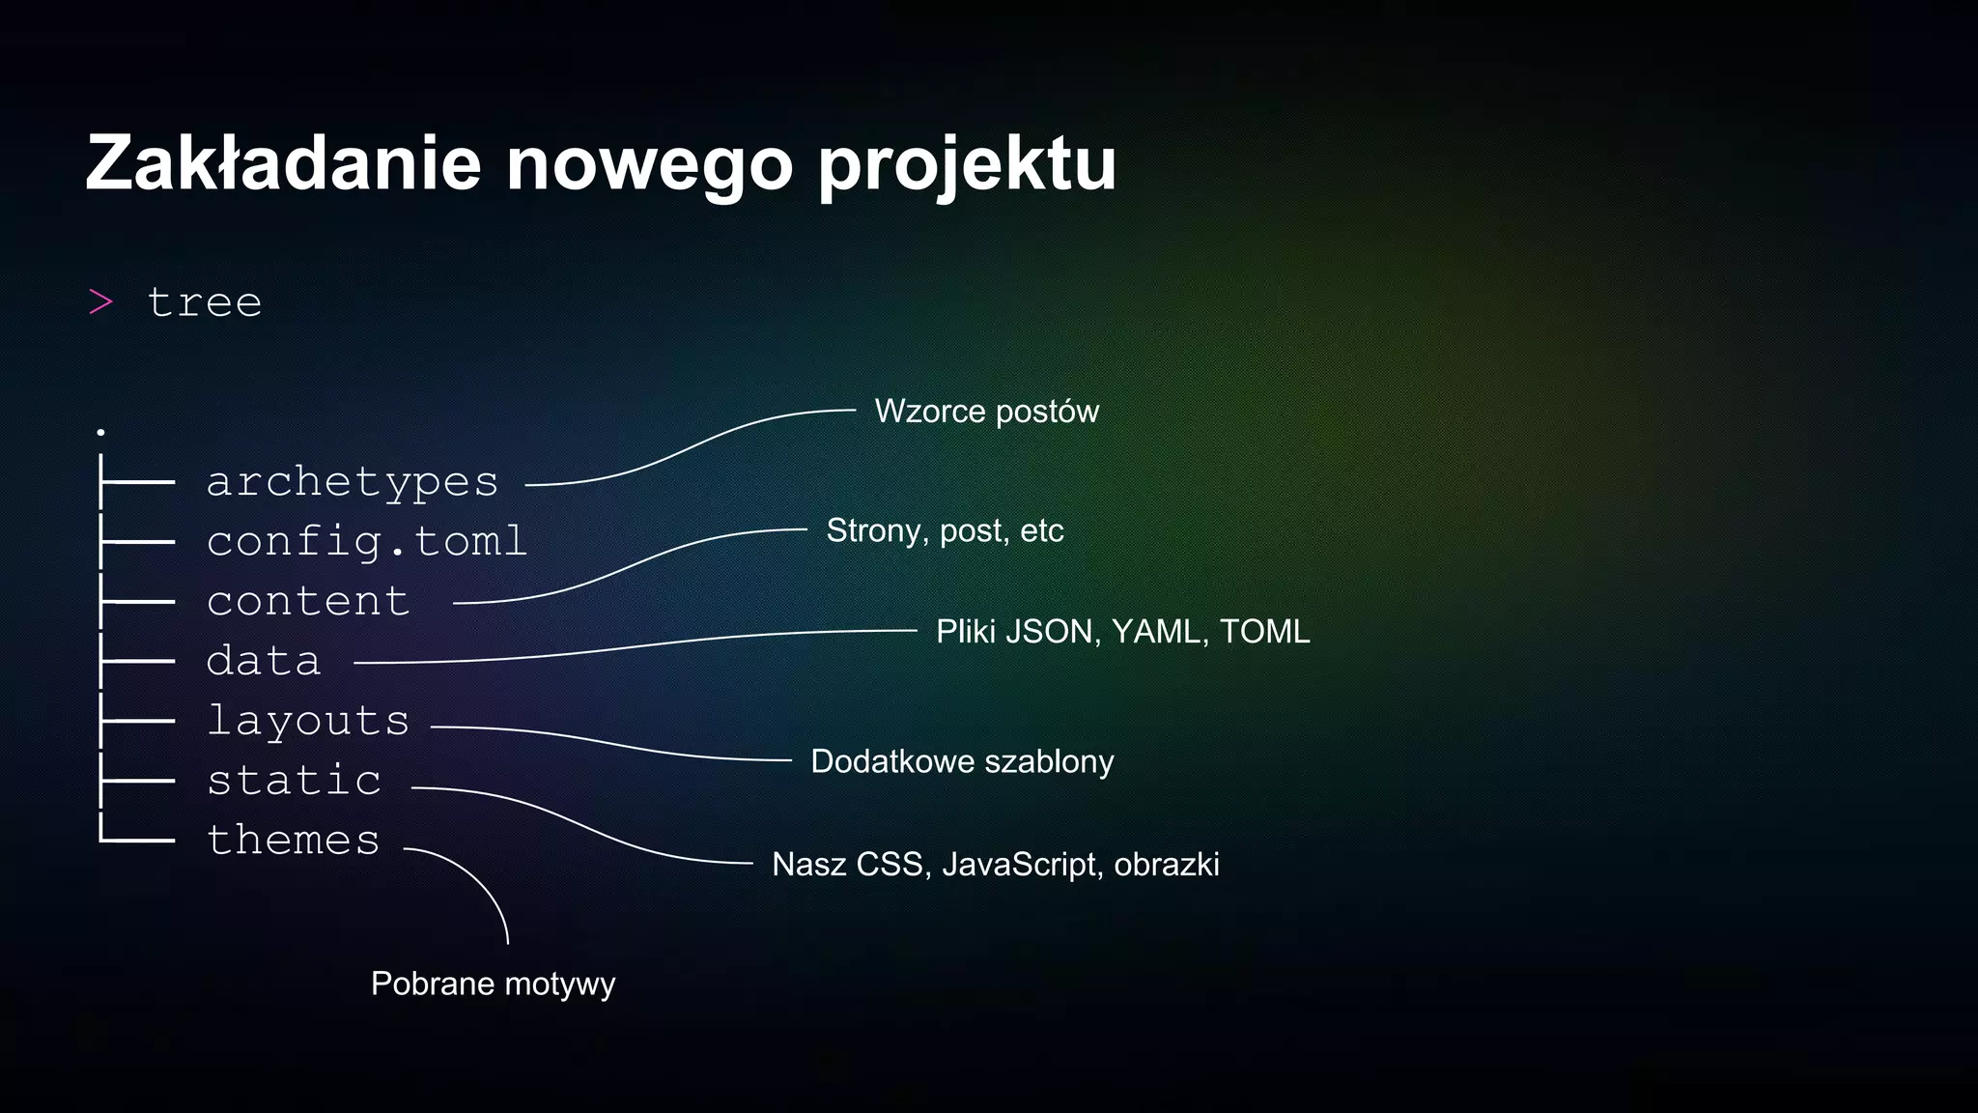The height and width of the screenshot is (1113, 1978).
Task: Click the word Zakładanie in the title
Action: click(x=283, y=163)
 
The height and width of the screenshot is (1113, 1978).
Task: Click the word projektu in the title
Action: click(x=967, y=166)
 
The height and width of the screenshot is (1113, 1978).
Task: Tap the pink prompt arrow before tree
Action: click(x=101, y=302)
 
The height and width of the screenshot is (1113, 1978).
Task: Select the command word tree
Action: click(x=205, y=302)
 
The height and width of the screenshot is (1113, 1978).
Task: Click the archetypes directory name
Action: click(x=352, y=482)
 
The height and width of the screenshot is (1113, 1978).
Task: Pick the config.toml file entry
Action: click(x=366, y=541)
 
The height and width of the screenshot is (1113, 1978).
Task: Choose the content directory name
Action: click(x=308, y=601)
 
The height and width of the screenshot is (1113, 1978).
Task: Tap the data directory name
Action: click(x=263, y=661)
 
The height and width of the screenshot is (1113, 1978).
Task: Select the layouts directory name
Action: click(x=308, y=721)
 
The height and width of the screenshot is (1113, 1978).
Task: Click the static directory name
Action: click(x=295, y=781)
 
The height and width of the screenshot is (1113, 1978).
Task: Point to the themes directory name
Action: click(x=294, y=840)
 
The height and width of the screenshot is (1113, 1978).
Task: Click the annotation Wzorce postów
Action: click(x=986, y=412)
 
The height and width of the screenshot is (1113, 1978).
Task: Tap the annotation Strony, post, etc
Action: click(x=945, y=530)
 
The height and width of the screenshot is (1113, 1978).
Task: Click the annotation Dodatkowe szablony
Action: click(x=962, y=761)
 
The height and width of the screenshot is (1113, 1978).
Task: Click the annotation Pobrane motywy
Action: click(x=493, y=984)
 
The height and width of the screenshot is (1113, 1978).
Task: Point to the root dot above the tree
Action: click(x=100, y=432)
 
